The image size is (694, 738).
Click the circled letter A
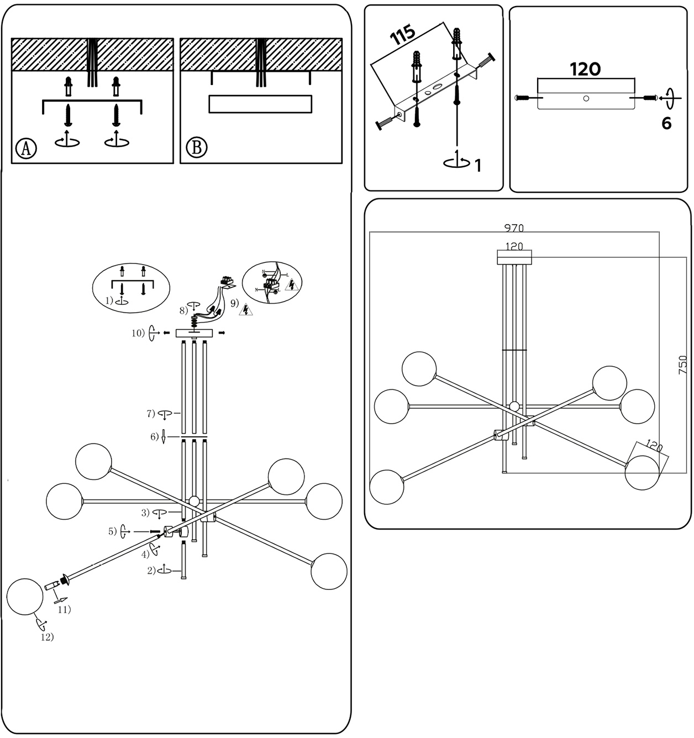(26, 148)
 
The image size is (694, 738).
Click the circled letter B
(196, 148)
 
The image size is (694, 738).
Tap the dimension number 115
(403, 35)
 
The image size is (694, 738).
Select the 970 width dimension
(514, 228)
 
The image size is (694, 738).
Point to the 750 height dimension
(683, 365)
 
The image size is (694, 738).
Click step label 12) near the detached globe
(47, 637)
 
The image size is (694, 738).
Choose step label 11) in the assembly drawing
(65, 610)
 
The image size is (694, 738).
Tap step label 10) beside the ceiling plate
(138, 333)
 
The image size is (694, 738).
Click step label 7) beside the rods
(150, 413)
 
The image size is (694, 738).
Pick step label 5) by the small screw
(112, 531)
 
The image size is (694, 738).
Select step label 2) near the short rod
(151, 571)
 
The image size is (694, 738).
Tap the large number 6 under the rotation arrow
(666, 124)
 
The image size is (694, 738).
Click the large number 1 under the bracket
(478, 165)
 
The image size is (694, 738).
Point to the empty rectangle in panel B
(260, 104)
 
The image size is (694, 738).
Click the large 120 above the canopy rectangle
(585, 69)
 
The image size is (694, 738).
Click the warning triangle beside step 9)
(245, 310)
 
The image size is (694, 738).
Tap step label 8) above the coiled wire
(184, 310)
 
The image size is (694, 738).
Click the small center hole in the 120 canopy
(586, 98)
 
